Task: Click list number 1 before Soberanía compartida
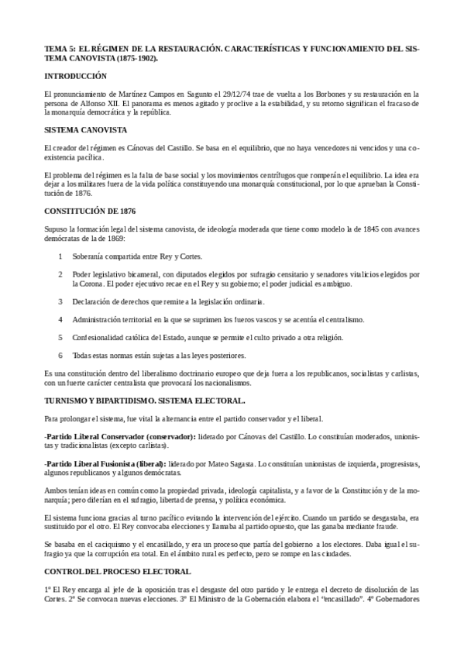(61, 256)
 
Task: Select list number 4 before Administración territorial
(61, 319)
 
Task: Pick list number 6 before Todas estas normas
(61, 356)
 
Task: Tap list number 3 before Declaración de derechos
(61, 301)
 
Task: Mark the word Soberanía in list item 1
(88, 256)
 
